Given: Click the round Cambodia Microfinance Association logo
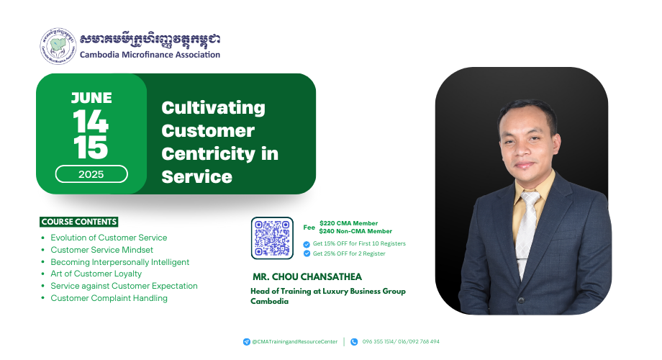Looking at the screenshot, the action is (x=58, y=46).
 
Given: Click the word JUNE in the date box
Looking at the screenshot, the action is (x=91, y=98).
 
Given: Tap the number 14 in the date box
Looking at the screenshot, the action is (x=91, y=122).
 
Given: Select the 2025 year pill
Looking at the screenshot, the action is (x=91, y=174).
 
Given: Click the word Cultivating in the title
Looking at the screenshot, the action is (x=213, y=108).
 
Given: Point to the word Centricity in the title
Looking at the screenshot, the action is (x=208, y=154).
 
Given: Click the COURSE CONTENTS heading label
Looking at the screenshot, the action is (x=79, y=222).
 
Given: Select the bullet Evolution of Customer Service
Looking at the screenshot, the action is (x=109, y=238).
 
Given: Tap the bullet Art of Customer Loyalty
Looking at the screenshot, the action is (x=96, y=274).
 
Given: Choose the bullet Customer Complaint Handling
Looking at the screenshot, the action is (x=109, y=298).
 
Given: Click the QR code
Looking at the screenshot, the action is (x=272, y=238).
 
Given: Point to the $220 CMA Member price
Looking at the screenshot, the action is (x=348, y=223).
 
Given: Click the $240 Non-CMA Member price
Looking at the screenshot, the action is (x=355, y=231).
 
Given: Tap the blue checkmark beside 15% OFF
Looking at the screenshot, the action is (x=307, y=244).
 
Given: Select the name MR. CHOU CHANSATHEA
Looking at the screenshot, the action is (x=307, y=276).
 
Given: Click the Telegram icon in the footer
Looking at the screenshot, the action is (x=247, y=342).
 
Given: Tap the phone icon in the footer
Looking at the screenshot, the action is (x=354, y=342).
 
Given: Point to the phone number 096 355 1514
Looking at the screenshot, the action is (x=378, y=342).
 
